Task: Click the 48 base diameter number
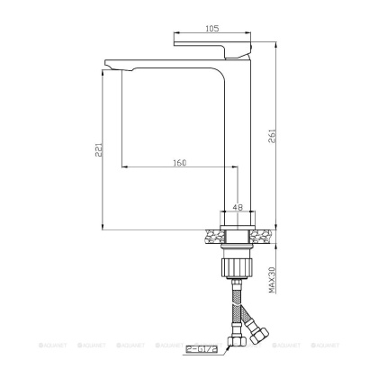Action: click(x=238, y=206)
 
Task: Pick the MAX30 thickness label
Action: click(x=271, y=276)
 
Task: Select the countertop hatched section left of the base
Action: click(x=212, y=236)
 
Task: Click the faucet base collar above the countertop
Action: click(x=238, y=219)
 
